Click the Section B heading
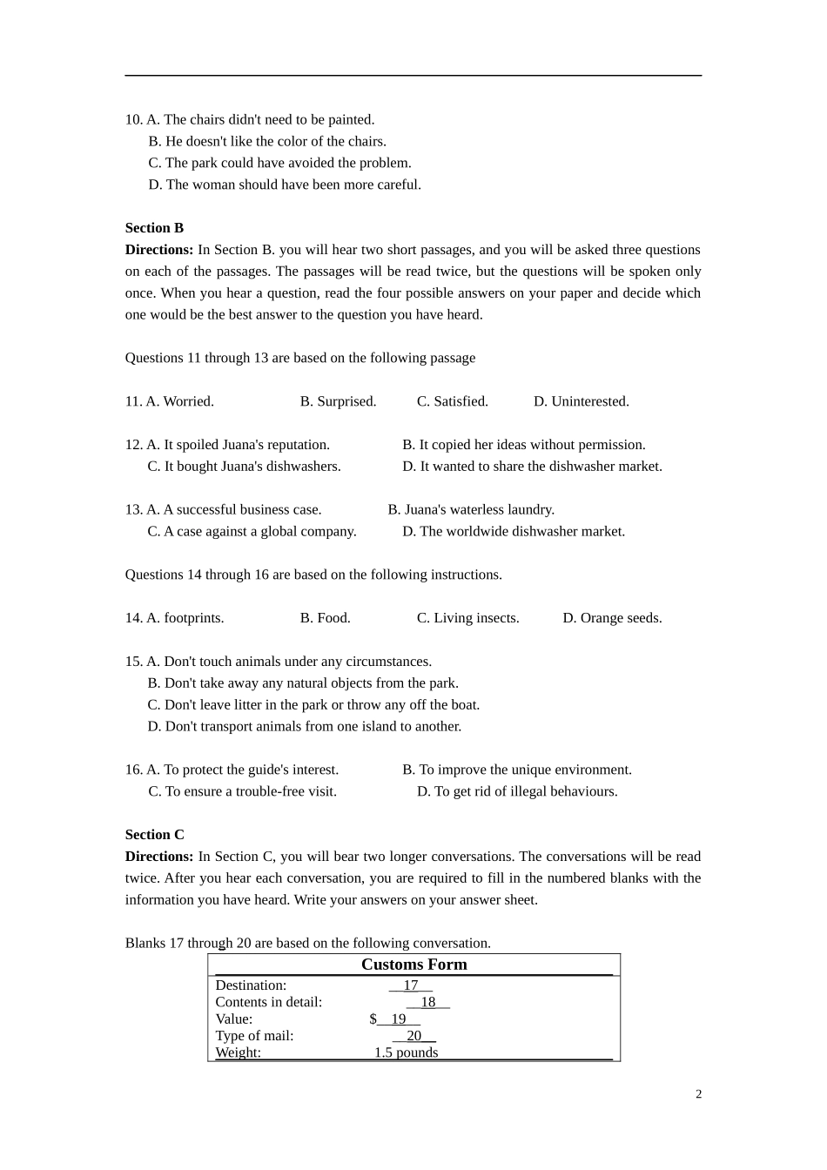(x=154, y=228)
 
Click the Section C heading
(x=154, y=835)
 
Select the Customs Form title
(x=414, y=965)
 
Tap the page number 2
(x=698, y=1094)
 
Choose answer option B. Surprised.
(x=338, y=401)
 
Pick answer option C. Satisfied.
(x=452, y=401)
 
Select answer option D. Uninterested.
(x=581, y=401)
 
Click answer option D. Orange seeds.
(x=612, y=618)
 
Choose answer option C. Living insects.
(x=467, y=618)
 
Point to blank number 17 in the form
(x=411, y=985)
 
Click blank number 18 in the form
(x=428, y=1002)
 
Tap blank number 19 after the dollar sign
(x=399, y=1019)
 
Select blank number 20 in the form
(x=414, y=1036)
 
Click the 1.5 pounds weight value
(x=406, y=1052)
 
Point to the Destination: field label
(x=251, y=985)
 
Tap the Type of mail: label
(x=254, y=1036)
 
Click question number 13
(x=133, y=509)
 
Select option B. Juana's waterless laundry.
(x=471, y=509)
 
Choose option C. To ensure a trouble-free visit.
(x=242, y=791)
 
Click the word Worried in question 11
(x=188, y=401)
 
